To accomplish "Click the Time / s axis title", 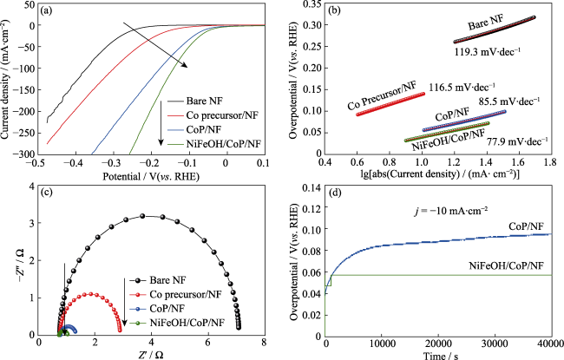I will pyautogui.click(x=435, y=355).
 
